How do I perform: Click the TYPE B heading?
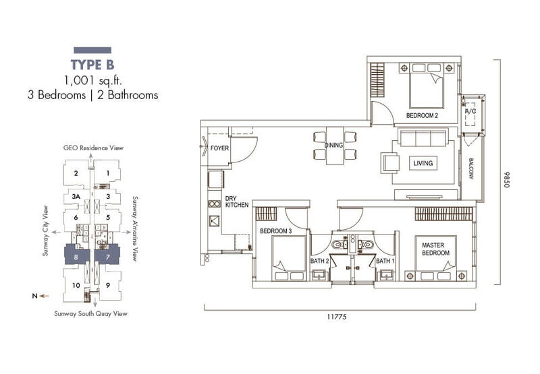tap(92, 65)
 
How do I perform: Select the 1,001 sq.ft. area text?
tap(93, 80)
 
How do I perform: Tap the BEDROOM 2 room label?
tap(422, 115)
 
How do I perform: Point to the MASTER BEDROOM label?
tap(435, 249)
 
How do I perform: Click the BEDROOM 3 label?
tap(275, 231)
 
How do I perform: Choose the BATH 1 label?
tap(385, 261)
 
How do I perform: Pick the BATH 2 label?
tap(319, 261)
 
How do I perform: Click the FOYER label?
tap(219, 148)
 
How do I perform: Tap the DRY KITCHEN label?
tap(237, 201)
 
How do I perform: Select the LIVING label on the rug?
tap(423, 163)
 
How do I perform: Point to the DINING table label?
tap(333, 146)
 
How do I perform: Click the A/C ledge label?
tap(470, 111)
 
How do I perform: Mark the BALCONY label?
tap(470, 168)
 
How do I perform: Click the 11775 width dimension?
tap(336, 317)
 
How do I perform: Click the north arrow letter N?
tap(34, 296)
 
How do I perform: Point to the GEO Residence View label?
tap(93, 148)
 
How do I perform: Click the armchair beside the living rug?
tap(390, 164)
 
